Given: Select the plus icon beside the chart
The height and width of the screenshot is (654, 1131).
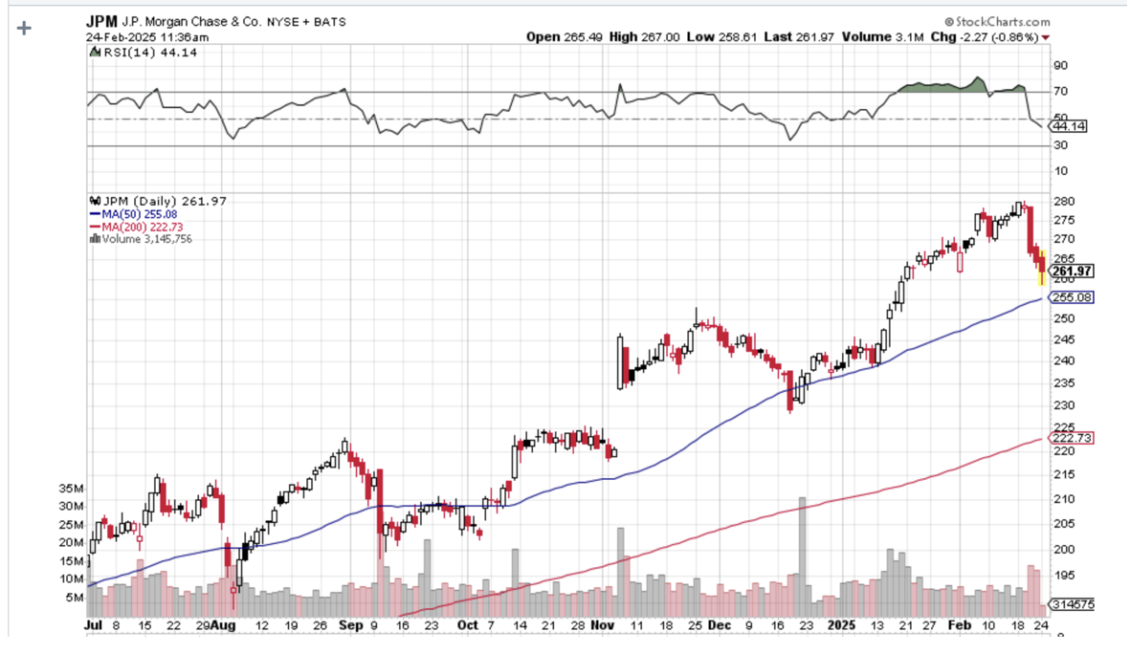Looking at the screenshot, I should coord(24,28).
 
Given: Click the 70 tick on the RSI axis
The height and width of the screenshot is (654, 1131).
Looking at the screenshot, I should coord(1059,92).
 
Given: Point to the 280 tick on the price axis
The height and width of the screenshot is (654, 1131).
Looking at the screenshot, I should coord(1061,202).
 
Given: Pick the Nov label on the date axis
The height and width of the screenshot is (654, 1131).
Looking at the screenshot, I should coord(602,624).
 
